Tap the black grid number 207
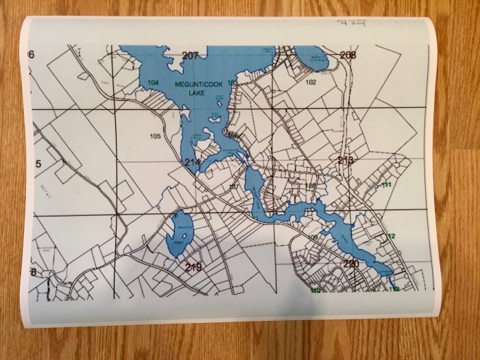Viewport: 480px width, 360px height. (x=190, y=56)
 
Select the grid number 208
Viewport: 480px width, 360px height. (x=348, y=55)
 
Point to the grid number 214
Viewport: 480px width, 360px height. (x=192, y=162)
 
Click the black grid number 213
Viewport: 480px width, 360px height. (x=346, y=160)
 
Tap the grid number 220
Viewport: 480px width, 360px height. (x=350, y=264)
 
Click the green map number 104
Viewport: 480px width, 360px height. (x=153, y=82)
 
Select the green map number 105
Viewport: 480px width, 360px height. (x=155, y=136)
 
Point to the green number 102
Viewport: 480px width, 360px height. (x=311, y=82)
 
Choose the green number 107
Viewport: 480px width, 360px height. (x=233, y=187)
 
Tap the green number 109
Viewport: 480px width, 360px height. (x=313, y=237)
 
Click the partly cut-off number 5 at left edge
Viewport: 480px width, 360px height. (x=39, y=163)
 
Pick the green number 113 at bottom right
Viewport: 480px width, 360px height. (x=394, y=289)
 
